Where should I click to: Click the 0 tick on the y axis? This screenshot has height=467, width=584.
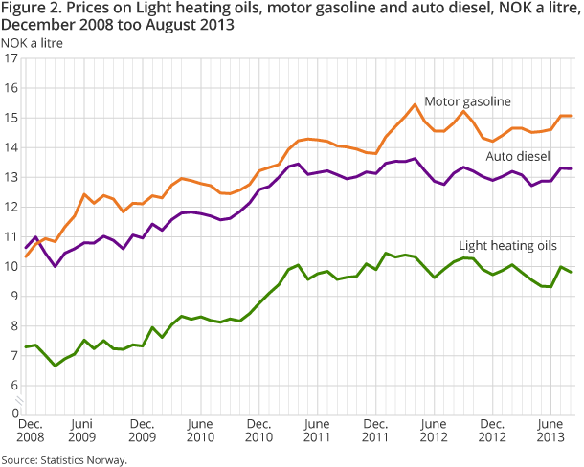tap(14, 413)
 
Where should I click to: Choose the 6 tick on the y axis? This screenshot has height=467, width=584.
tap(14, 386)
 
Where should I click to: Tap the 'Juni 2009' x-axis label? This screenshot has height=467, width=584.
tap(82, 431)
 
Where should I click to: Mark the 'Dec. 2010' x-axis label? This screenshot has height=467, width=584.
tap(258, 431)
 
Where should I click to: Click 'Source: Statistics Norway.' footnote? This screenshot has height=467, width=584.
tap(64, 459)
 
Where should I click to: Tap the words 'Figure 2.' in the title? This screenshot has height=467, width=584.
tap(29, 9)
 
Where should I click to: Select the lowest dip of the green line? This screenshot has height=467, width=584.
tap(55, 366)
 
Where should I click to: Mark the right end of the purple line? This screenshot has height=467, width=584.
tap(573, 168)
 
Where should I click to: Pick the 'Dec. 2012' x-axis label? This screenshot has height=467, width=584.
tap(492, 431)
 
